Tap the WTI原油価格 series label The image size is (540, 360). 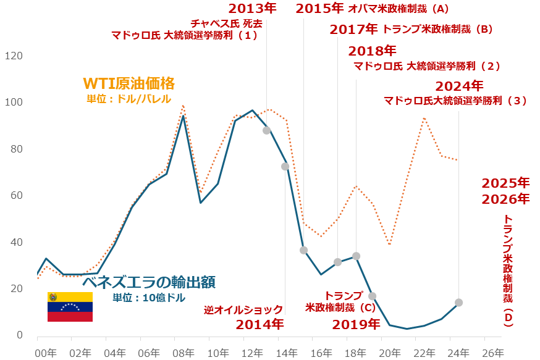(x=129, y=83)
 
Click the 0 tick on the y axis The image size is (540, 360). (x=19, y=335)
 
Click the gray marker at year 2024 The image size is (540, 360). (x=458, y=303)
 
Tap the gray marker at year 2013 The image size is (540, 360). (x=267, y=130)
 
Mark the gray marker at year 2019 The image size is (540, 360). (x=372, y=296)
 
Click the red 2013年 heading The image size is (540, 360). (x=252, y=9)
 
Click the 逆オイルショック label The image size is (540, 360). (x=243, y=309)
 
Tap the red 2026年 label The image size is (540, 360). (x=505, y=199)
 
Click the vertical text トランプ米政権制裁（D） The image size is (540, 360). (x=507, y=270)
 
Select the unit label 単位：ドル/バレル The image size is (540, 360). (x=129, y=99)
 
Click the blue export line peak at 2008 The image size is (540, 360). (x=183, y=115)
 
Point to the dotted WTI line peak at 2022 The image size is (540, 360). (x=424, y=117)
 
